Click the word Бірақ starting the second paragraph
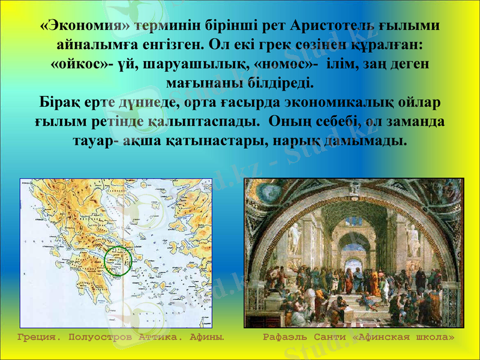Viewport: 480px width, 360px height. click(x=59, y=101)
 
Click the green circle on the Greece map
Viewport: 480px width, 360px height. click(x=118, y=260)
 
